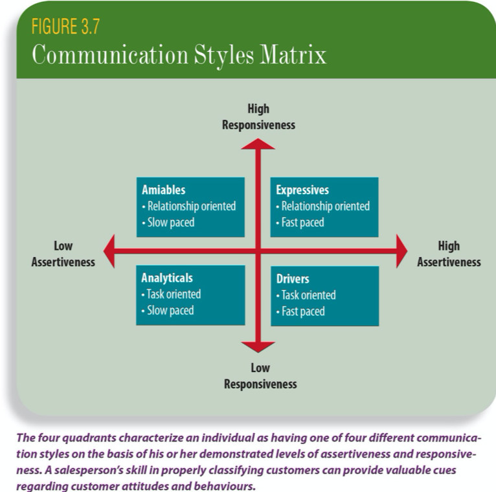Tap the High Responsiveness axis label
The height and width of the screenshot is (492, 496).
pyautogui.click(x=258, y=117)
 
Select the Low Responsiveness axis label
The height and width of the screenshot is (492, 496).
pyautogui.click(x=260, y=376)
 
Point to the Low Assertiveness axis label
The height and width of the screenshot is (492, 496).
pyautogui.click(x=63, y=254)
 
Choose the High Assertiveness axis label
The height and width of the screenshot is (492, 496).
pyautogui.click(x=449, y=254)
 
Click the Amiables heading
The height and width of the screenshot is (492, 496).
pyautogui.click(x=163, y=190)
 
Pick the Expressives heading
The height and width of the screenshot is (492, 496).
pyautogui.click(x=302, y=190)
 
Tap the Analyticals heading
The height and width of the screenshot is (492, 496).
pyautogui.click(x=167, y=278)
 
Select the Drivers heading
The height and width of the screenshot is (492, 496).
pyautogui.click(x=293, y=279)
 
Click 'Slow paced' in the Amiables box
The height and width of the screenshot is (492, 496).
pyautogui.click(x=168, y=222)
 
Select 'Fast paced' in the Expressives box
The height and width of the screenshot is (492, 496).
pyautogui.click(x=301, y=222)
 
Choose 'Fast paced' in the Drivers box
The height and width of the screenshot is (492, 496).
pyautogui.click(x=301, y=311)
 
